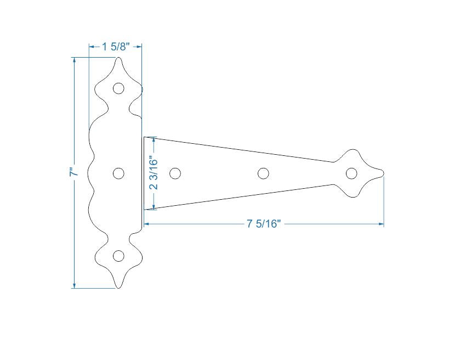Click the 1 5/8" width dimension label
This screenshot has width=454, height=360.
tap(115, 47)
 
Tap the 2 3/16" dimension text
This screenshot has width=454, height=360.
tap(154, 173)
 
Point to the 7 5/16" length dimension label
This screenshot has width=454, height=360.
tap(264, 224)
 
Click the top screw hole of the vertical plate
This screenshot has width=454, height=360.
tap(118, 88)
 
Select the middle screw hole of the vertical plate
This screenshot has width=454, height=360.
tap(118, 173)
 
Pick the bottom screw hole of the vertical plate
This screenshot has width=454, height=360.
tap(118, 256)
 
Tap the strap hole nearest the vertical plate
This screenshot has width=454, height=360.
tap(175, 173)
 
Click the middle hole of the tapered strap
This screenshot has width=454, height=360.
tap(263, 173)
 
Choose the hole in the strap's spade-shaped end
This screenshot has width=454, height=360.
tap(351, 173)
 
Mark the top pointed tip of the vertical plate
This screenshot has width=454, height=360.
tap(119, 57)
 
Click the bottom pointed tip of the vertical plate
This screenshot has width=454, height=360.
tap(119, 288)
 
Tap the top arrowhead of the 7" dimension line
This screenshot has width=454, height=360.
tap(75, 60)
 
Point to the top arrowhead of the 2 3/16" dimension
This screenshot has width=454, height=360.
tap(154, 139)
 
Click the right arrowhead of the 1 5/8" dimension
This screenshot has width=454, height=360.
tap(139, 47)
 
